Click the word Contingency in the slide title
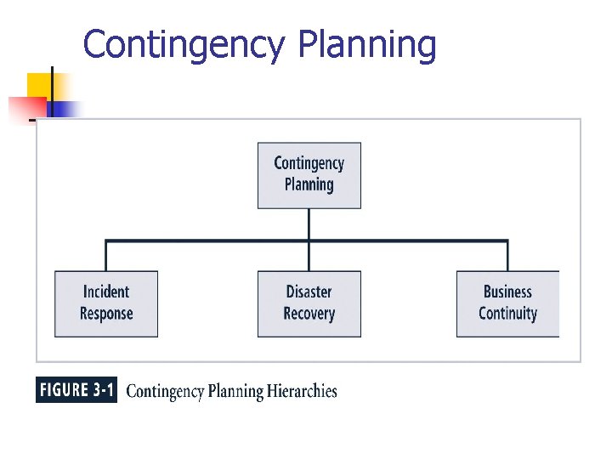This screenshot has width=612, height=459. tap(186, 45)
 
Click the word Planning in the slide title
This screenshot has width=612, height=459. tap(366, 45)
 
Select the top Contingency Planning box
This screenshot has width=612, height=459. tap(309, 175)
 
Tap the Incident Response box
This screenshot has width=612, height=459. tap(106, 303)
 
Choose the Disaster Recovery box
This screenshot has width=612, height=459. tap(309, 303)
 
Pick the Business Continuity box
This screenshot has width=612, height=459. tap(507, 303)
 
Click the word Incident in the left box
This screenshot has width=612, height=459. tap(106, 292)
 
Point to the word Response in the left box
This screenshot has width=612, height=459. tap(106, 314)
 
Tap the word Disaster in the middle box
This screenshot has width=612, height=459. tap(309, 292)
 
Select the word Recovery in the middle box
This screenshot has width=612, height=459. tap(309, 314)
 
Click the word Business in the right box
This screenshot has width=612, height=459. tap(507, 292)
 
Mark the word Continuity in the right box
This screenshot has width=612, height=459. tap(507, 314)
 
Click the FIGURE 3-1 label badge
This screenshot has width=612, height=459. tap(76, 391)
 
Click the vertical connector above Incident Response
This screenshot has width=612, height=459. tap(106, 256)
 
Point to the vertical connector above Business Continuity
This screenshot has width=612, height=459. tap(507, 256)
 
